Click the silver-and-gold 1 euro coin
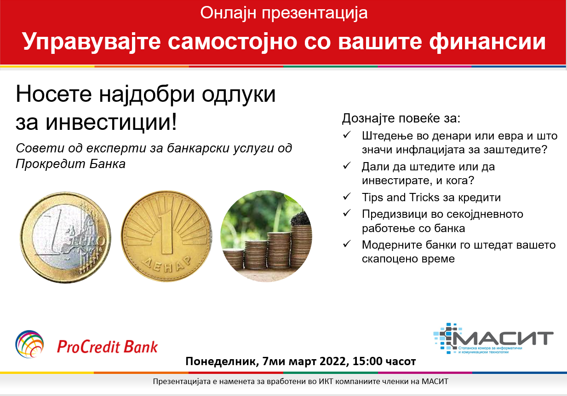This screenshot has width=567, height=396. [x=66, y=237]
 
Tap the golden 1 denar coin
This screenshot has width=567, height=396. [x=166, y=236]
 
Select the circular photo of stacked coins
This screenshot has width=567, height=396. [x=266, y=236]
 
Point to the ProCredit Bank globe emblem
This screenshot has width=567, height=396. [x=29, y=344]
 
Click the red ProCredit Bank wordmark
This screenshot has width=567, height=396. [x=107, y=347]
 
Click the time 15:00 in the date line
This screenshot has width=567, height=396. [x=367, y=361]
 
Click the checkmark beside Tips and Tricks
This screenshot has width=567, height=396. [x=347, y=197]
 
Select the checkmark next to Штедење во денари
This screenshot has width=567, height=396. [x=347, y=135]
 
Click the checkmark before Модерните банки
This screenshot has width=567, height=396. [x=347, y=244]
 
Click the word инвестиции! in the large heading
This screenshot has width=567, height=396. [x=111, y=122]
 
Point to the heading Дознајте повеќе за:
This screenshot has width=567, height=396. [x=401, y=118]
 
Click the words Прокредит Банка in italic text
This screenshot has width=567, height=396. [x=71, y=164]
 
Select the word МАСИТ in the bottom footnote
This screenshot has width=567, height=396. [x=435, y=381]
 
